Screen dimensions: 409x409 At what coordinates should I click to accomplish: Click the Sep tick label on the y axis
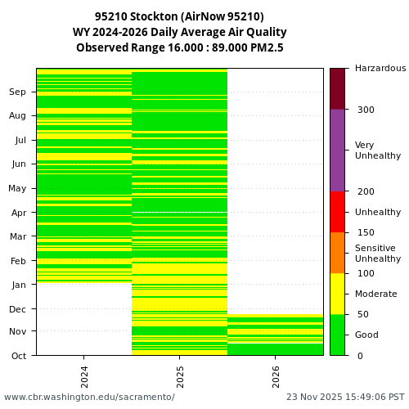point(18,92)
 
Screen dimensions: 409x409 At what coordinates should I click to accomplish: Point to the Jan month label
point(18,285)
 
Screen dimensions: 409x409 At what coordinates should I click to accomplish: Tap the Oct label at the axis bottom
point(18,356)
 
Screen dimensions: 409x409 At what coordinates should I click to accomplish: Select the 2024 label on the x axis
point(84,375)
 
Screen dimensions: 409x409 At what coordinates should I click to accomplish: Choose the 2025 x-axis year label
point(180,375)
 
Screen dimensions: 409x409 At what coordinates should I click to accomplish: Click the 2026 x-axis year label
point(275,375)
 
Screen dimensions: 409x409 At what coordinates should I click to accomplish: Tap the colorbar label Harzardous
point(380,69)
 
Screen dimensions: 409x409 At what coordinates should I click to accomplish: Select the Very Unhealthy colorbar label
point(377,151)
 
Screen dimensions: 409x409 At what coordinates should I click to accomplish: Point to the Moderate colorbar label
point(375,294)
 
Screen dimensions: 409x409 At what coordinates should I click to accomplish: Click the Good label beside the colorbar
point(366,335)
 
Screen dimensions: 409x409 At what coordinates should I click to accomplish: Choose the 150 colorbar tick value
point(365,232)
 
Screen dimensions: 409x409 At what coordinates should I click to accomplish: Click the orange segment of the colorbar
point(337,253)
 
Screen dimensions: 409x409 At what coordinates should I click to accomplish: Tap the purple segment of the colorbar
point(337,151)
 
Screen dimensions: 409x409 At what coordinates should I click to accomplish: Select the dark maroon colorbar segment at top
point(337,88)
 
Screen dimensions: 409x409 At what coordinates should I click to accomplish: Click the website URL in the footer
point(89,397)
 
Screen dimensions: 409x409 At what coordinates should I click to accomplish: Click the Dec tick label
point(18,309)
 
